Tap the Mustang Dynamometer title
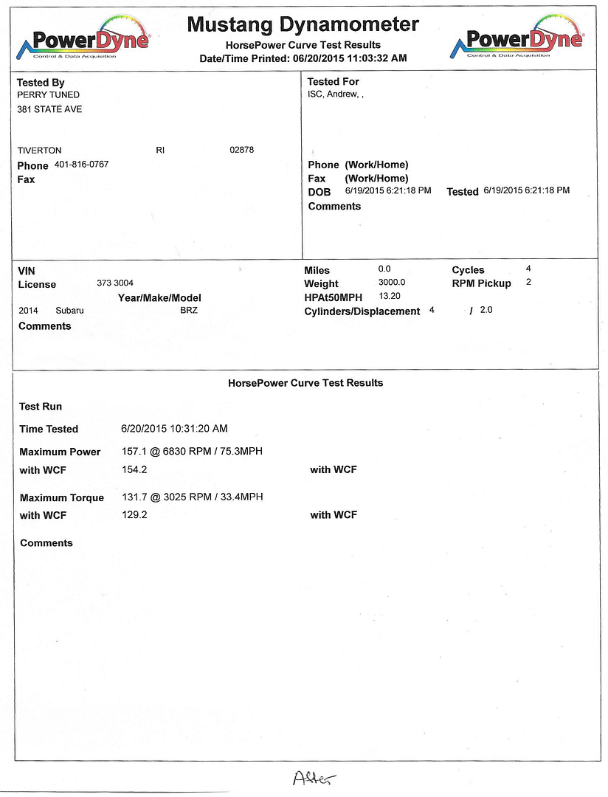[303, 24]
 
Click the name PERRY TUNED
[48, 95]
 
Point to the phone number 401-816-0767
[81, 165]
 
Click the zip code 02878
[241, 150]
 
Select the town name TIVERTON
[39, 151]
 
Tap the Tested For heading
[333, 82]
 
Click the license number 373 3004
[115, 283]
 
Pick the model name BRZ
[189, 311]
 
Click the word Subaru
[69, 311]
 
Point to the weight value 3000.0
[392, 283]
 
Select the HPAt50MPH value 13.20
[389, 296]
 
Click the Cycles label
[468, 270]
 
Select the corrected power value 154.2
[134, 469]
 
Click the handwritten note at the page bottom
[314, 777]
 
